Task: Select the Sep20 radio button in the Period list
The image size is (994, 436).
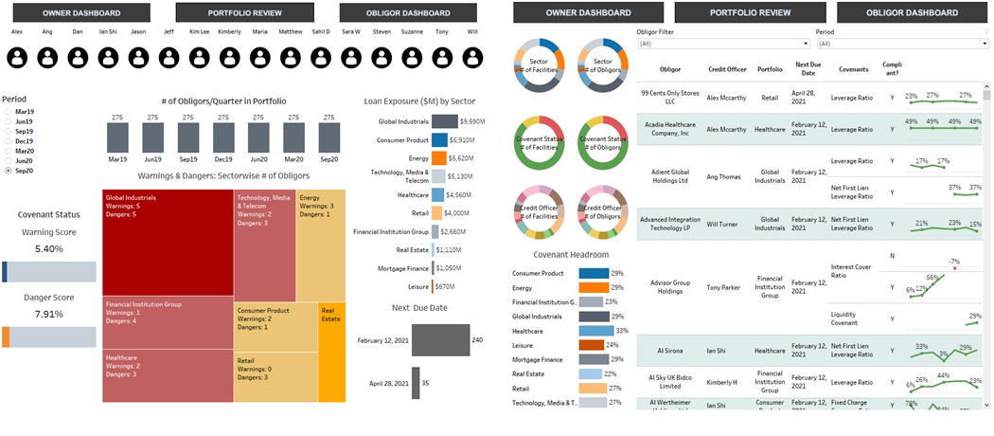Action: [x=9, y=172]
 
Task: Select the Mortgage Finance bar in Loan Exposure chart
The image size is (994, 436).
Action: [x=433, y=268]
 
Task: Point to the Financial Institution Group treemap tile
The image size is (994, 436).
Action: [x=168, y=322]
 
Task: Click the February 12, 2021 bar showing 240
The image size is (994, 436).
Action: [x=441, y=339]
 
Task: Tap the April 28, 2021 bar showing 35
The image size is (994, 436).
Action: [x=416, y=383]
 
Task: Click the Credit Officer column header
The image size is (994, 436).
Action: [x=727, y=69]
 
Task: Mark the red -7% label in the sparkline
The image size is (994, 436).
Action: [x=954, y=261]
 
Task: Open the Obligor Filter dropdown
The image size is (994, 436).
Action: [x=710, y=44]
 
